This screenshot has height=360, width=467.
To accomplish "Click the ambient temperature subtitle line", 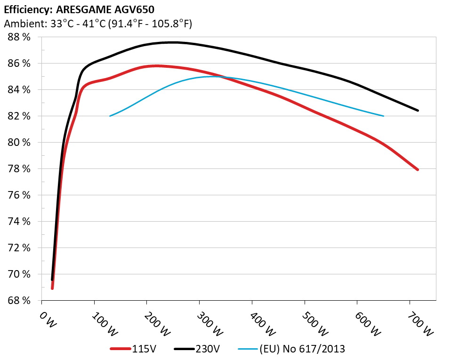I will [x=97, y=24].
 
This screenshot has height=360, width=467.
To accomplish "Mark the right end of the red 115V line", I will [x=418, y=169].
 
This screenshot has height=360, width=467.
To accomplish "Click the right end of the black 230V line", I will [x=418, y=110].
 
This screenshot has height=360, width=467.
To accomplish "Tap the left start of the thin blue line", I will [x=110, y=116].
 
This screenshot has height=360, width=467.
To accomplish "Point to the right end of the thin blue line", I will [x=384, y=116].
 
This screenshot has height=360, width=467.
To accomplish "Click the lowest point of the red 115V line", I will [x=52, y=288].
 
